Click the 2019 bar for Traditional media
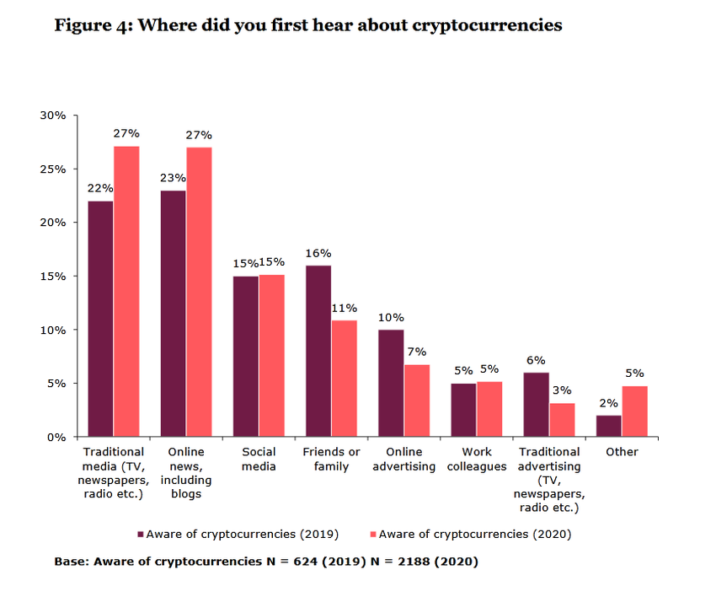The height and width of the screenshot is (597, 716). pos(100,319)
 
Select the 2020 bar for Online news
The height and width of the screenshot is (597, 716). pos(199,292)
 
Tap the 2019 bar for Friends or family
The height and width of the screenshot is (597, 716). pos(318,351)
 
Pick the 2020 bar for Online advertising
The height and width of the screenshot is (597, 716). pos(416,401)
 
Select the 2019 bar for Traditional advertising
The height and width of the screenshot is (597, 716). pos(536,405)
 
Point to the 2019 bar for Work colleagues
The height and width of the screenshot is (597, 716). pos(463,410)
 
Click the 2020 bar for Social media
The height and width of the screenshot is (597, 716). pos(271,355)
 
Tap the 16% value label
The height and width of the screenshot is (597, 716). pos(318,253)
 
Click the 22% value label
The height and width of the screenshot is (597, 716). pos(100,189)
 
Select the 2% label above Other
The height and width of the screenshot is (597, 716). pos(608,404)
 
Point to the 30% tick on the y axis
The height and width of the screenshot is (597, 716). pos(52,115)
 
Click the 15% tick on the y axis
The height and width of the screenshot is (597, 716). pos(52,276)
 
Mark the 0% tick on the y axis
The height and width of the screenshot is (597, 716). pos(56,437)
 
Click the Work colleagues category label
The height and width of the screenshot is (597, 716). pos(477,459)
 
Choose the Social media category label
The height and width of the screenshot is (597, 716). pos(259,459)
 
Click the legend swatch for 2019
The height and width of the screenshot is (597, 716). pos(141,534)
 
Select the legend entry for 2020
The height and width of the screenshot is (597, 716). pos(471,534)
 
